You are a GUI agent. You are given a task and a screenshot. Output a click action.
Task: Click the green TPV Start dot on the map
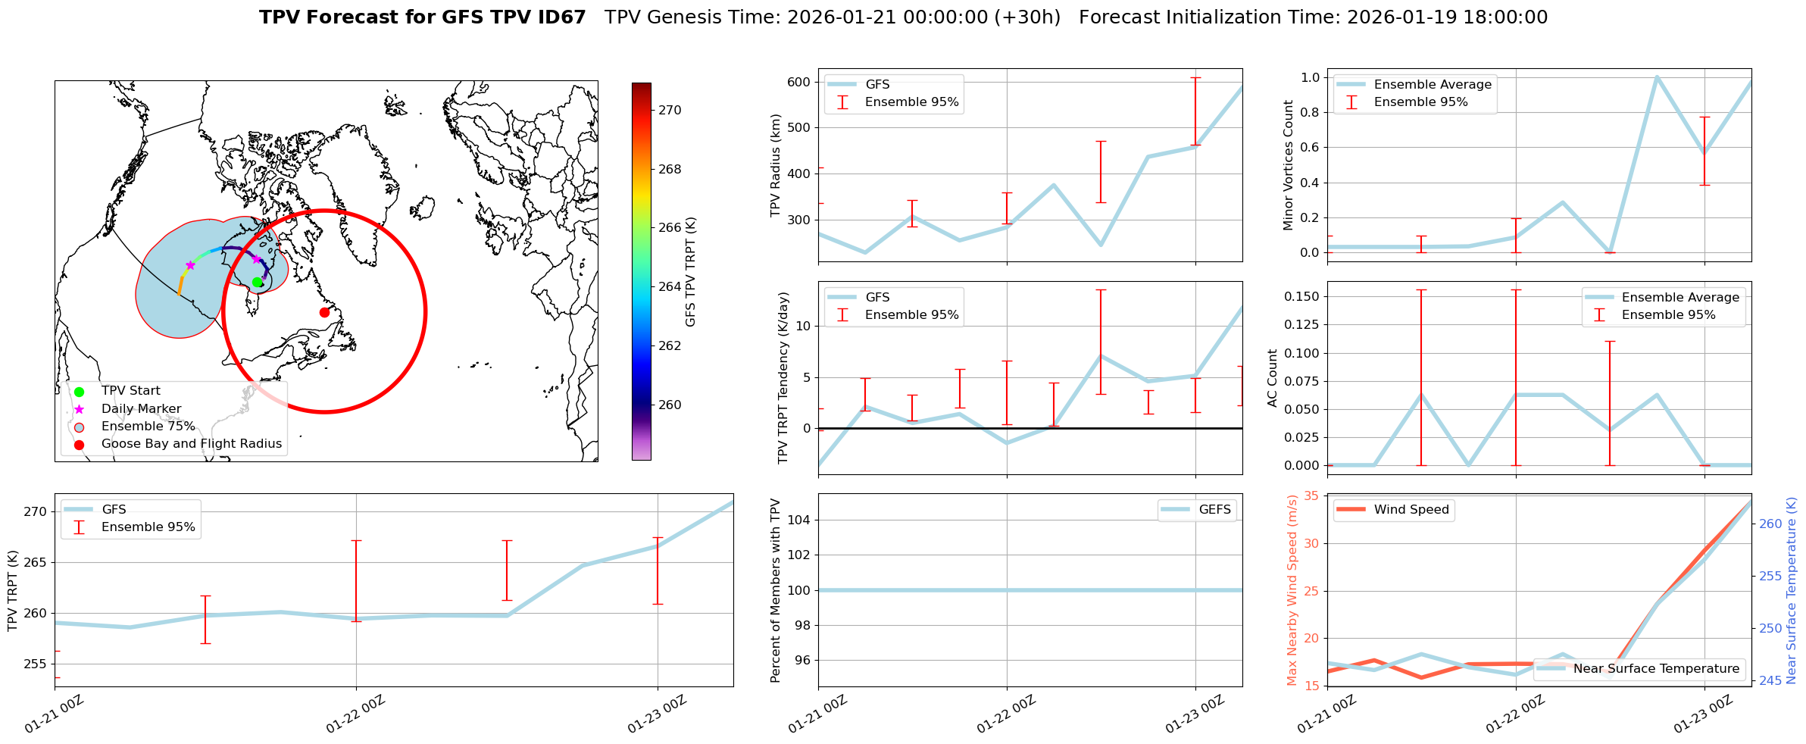257,282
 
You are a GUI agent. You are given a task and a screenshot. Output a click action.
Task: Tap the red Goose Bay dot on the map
324,312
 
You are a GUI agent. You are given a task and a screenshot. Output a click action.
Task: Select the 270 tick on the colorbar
670,110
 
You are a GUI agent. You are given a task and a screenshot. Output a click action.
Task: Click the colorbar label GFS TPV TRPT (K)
690,272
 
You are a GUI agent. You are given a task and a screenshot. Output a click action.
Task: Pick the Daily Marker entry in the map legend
141,409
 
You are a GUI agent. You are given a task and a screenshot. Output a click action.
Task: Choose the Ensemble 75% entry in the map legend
148,427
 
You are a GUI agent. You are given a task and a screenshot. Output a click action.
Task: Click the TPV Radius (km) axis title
776,165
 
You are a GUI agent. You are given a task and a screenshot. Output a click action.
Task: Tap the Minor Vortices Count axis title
1288,165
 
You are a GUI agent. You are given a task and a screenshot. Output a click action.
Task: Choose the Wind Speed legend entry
1411,510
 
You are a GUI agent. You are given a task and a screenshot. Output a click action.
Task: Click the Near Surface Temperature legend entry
1655,669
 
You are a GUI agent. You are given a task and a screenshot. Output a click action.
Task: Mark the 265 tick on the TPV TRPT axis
36,562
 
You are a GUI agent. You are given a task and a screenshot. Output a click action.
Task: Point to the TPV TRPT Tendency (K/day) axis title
783,377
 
